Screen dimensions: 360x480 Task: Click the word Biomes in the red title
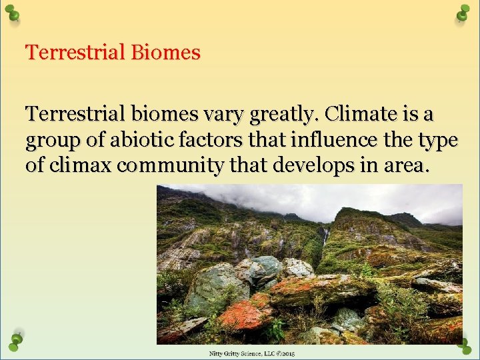tap(165, 52)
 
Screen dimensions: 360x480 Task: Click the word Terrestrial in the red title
tap(75, 52)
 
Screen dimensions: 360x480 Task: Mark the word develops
tap(316, 165)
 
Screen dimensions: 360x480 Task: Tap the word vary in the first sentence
tap(223, 115)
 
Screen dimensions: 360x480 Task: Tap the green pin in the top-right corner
tap(463, 13)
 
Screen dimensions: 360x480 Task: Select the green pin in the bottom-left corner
tap(16, 340)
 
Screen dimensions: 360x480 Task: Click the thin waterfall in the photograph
tap(325, 237)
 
